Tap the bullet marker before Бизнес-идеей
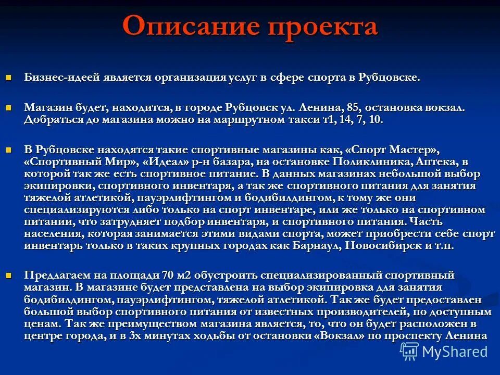(8, 78)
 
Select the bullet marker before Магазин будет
(8, 107)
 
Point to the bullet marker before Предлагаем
(8, 274)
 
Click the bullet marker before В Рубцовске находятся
(8, 149)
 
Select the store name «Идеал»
(168, 161)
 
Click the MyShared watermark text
(455, 352)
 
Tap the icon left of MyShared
(409, 352)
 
